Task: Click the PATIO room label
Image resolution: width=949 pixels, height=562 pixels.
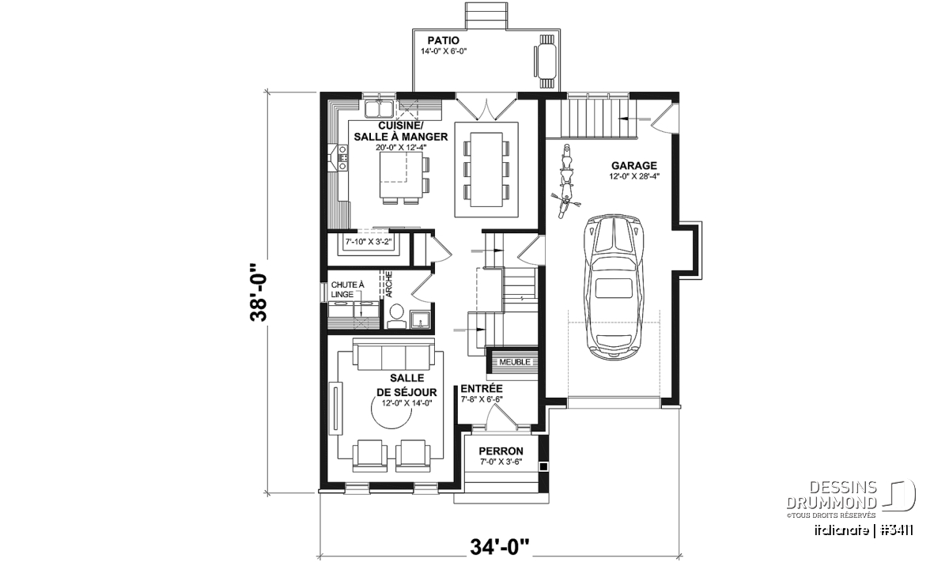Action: (443, 40)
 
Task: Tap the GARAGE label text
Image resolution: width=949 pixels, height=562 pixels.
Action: (633, 165)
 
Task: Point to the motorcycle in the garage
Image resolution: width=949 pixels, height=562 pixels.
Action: (566, 181)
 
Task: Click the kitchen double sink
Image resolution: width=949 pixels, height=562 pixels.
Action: (81, 109)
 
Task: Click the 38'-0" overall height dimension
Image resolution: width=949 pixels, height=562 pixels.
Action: (259, 292)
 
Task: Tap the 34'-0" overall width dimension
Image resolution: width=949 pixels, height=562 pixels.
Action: (500, 547)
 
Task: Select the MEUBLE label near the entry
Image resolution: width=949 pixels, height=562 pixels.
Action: (514, 362)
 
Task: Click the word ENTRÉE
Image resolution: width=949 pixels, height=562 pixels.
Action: (482, 388)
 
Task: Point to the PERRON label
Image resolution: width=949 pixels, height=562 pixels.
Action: (501, 451)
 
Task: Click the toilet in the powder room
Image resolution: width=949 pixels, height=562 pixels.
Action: (397, 316)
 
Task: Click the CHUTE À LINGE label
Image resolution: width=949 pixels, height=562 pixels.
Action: (347, 289)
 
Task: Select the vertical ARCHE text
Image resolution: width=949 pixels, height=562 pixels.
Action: (389, 284)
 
